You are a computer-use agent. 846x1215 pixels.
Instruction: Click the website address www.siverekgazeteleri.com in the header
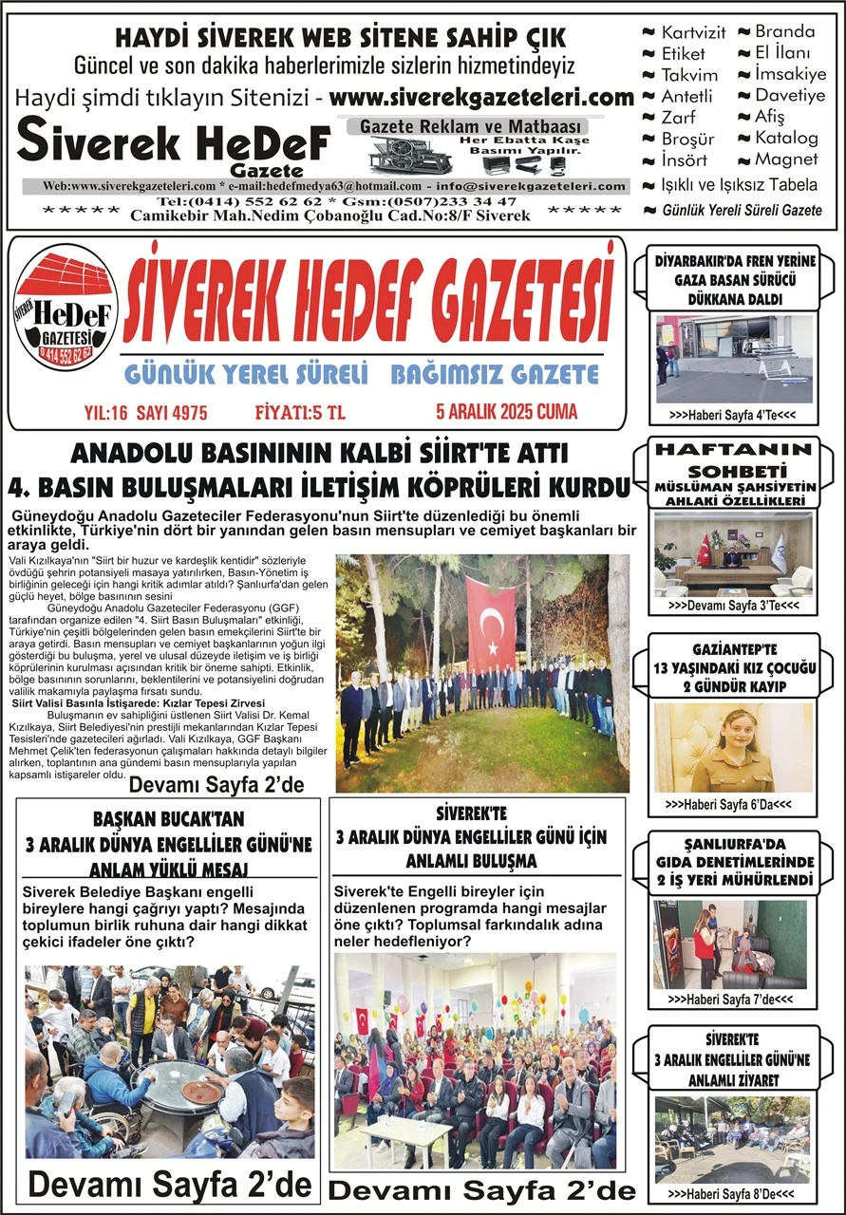[x=482, y=97]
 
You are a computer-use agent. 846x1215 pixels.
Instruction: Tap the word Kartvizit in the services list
[x=693, y=32]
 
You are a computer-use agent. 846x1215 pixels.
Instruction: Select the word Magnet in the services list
[x=786, y=159]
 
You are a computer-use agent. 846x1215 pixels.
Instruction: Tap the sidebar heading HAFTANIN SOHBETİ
[x=736, y=460]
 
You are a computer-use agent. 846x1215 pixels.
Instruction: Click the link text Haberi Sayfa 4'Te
[x=731, y=415]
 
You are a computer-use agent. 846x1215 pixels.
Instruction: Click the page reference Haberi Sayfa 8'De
[x=731, y=1193]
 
